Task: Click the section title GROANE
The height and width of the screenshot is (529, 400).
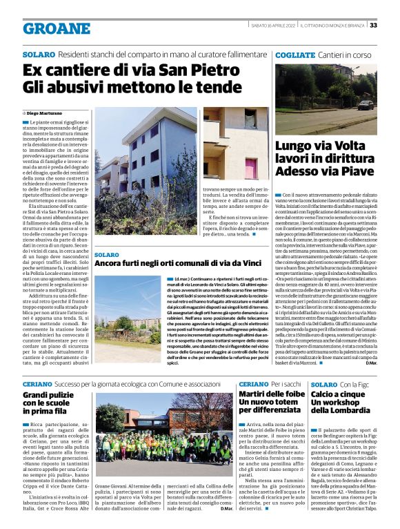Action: coord(57,28)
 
